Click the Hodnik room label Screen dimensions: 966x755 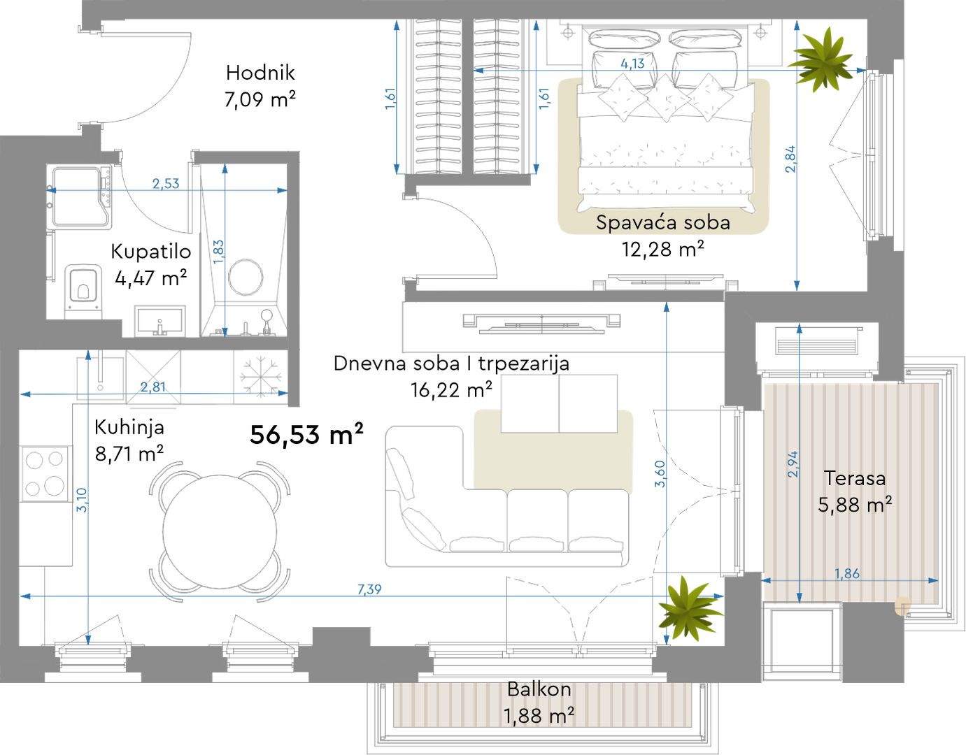[260, 73]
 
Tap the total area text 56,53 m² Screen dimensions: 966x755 [307, 434]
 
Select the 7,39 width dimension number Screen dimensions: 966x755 [369, 589]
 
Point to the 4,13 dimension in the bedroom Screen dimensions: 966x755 [632, 64]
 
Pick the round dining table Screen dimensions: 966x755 [220, 531]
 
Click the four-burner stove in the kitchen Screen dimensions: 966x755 [45, 474]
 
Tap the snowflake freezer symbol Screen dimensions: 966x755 [261, 376]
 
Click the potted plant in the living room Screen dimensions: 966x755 [690, 607]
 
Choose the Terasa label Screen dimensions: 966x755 [854, 478]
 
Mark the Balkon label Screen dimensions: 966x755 [539, 689]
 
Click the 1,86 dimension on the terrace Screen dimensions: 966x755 [847, 573]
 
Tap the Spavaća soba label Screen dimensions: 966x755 [663, 222]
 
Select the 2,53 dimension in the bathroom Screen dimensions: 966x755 [166, 183]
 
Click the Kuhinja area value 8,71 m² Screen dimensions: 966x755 [129, 454]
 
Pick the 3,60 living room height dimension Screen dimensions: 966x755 [660, 474]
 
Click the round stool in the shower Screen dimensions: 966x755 [246, 277]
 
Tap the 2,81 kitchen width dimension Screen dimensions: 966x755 [153, 387]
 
